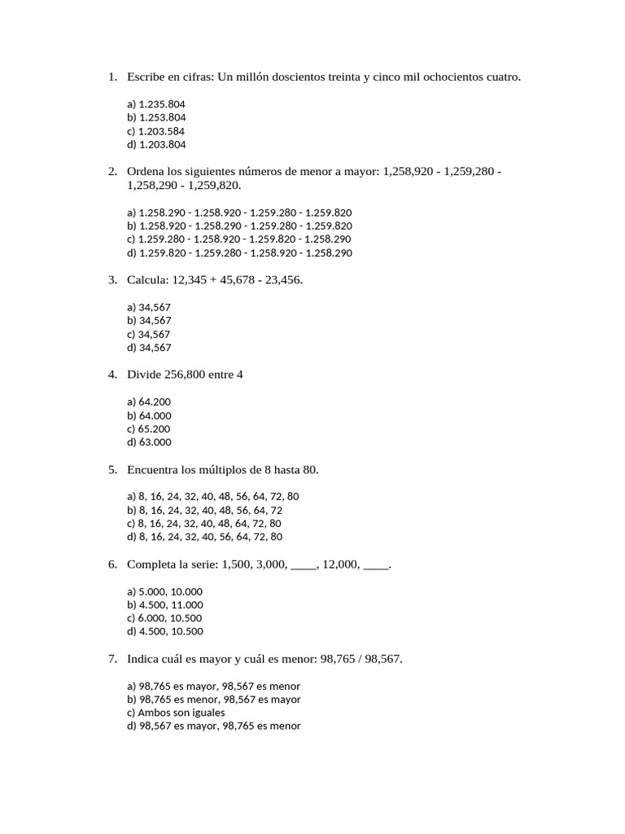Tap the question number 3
[112, 280]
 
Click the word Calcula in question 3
[146, 280]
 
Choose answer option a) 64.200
[150, 402]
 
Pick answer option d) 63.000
[150, 443]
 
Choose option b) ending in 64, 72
[204, 510]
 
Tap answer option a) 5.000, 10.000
[165, 591]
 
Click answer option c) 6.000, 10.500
[165, 618]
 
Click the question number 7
[112, 659]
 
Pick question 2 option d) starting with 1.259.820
[239, 253]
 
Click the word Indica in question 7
[144, 659]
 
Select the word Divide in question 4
[144, 375]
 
